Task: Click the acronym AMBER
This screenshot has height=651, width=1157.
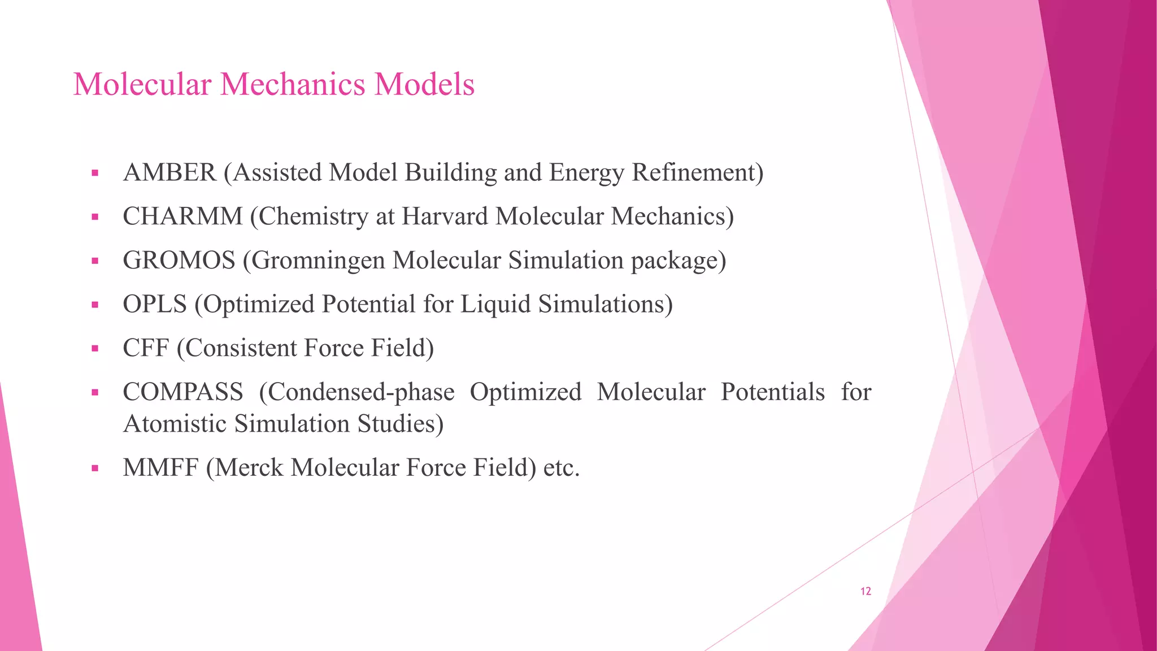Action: (x=169, y=173)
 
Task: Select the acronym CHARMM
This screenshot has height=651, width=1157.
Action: (x=182, y=216)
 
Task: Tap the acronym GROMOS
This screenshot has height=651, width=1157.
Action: (x=179, y=261)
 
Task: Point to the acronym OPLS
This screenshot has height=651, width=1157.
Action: (x=155, y=305)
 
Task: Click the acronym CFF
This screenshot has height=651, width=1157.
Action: (x=146, y=348)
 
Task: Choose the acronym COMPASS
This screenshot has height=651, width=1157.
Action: (x=183, y=392)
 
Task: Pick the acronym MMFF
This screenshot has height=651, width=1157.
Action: (x=160, y=468)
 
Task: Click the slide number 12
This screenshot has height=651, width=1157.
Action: (x=865, y=591)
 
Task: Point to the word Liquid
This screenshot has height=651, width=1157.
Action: (x=495, y=305)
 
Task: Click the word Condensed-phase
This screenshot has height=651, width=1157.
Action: (x=356, y=392)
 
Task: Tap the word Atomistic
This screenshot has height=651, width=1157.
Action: (x=175, y=424)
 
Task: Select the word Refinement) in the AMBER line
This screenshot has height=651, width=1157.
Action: (x=697, y=173)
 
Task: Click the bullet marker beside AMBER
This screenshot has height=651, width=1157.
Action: (x=95, y=173)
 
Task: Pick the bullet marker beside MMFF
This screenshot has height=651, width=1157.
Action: (x=95, y=468)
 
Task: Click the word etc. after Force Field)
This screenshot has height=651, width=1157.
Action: (x=562, y=468)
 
